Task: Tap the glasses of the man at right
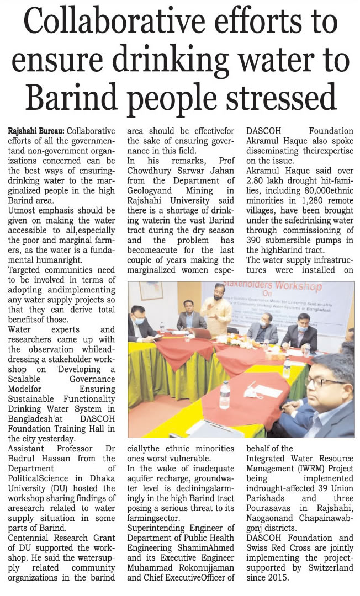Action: point(320,381)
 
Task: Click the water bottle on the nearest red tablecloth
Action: point(225,394)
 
